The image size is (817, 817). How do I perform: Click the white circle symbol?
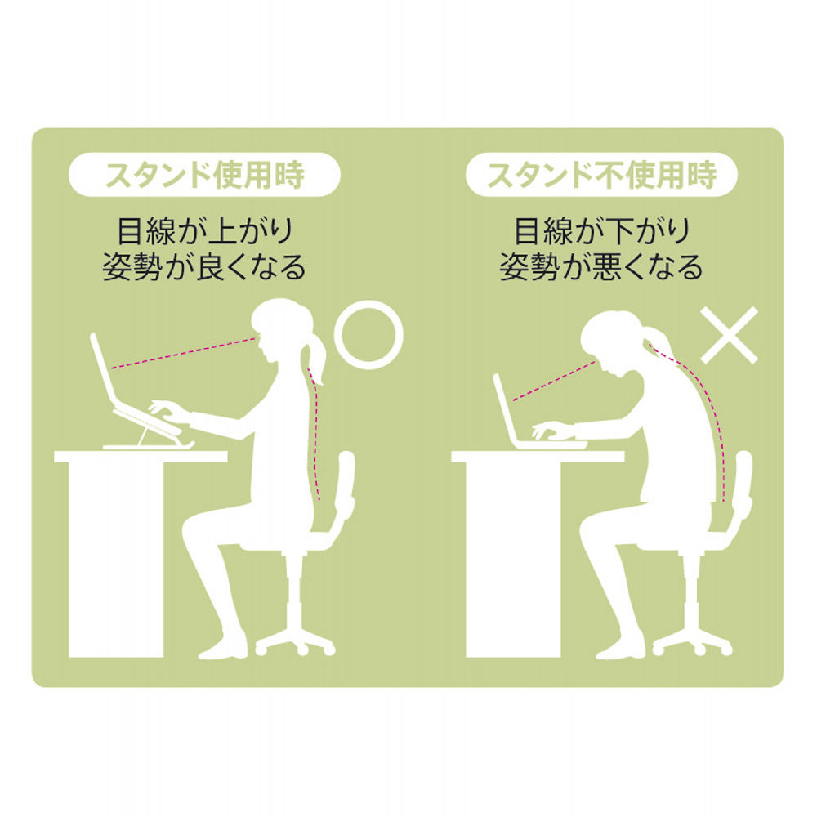pyautogui.click(x=371, y=333)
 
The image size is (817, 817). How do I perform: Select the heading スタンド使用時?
pyautogui.click(x=203, y=175)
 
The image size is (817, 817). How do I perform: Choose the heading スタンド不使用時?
pyautogui.click(x=601, y=175)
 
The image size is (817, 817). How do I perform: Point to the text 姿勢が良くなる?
pyautogui.click(x=203, y=267)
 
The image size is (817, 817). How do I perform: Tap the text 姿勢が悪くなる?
pyautogui.click(x=601, y=267)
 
